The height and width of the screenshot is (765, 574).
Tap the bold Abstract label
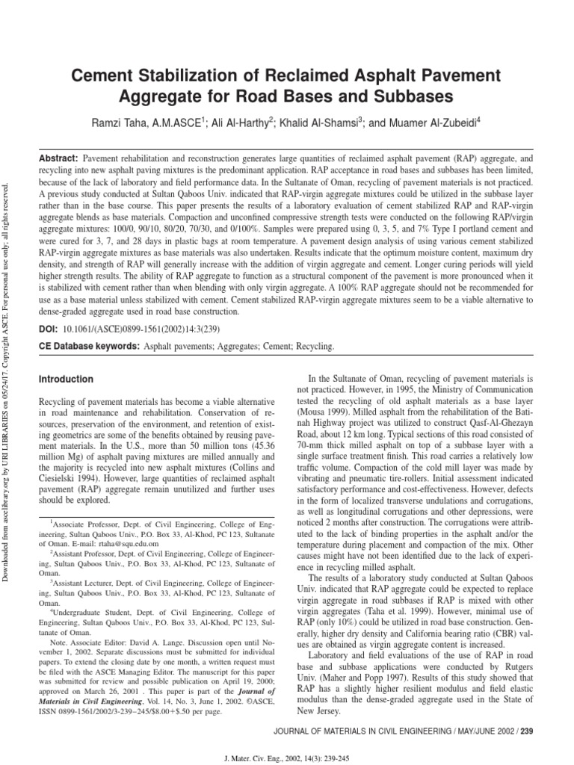[x=58, y=160]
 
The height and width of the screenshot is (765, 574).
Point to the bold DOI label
[x=49, y=328]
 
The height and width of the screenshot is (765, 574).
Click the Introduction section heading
[x=66, y=380]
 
